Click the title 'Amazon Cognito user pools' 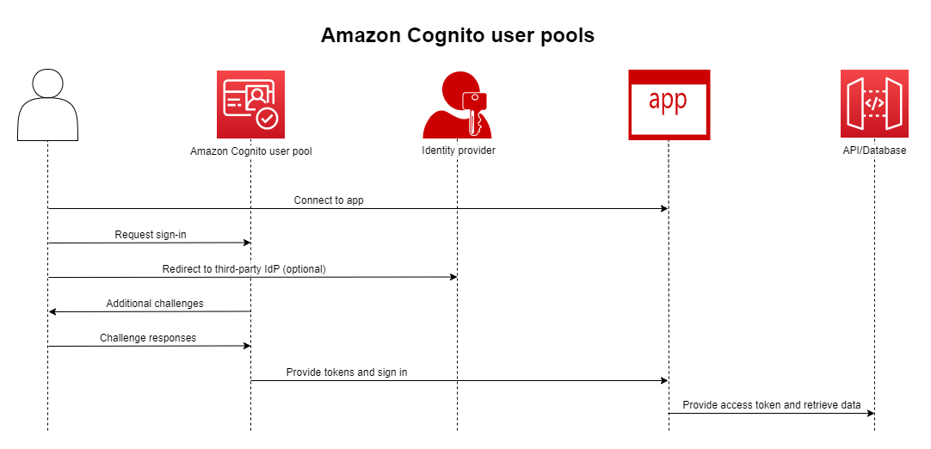(457, 35)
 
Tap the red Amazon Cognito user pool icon (250, 104)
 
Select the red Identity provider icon (457, 105)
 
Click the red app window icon (669, 104)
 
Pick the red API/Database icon (874, 104)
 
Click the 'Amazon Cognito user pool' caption (250, 151)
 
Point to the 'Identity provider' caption (458, 151)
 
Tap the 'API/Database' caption (874, 151)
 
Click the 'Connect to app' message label (329, 200)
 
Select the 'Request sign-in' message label (151, 235)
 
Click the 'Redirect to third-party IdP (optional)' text (244, 269)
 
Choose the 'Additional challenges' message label (155, 304)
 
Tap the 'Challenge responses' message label (148, 338)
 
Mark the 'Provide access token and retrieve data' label (771, 405)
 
